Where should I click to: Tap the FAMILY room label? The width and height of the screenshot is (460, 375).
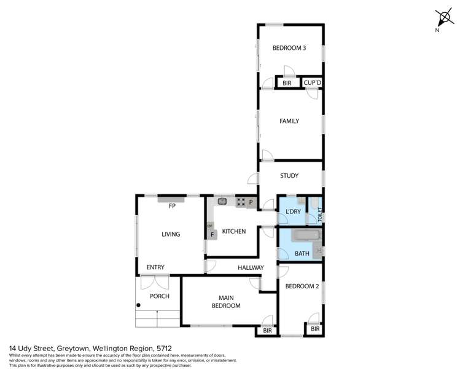click(289, 121)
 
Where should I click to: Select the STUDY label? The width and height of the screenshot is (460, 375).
click(289, 176)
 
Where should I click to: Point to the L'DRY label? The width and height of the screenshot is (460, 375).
click(293, 211)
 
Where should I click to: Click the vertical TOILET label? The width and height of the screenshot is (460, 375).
click(320, 216)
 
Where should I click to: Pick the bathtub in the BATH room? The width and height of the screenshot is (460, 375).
click(305, 236)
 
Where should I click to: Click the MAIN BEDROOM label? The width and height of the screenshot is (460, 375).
click(226, 301)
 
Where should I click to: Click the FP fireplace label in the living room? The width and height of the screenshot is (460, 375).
click(173, 206)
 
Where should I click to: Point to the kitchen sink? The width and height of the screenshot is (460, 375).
click(222, 200)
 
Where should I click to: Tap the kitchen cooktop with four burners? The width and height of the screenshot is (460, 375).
click(241, 201)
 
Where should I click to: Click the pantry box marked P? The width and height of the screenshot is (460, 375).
click(251, 202)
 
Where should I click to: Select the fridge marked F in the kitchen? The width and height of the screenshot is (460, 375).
click(212, 234)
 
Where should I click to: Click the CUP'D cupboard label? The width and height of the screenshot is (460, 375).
click(313, 83)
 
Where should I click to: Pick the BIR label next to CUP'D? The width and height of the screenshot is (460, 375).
click(287, 83)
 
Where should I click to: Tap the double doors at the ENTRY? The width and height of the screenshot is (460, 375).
click(154, 282)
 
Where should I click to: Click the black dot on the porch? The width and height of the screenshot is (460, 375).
click(139, 305)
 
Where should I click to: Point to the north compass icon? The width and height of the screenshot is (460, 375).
click(442, 18)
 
